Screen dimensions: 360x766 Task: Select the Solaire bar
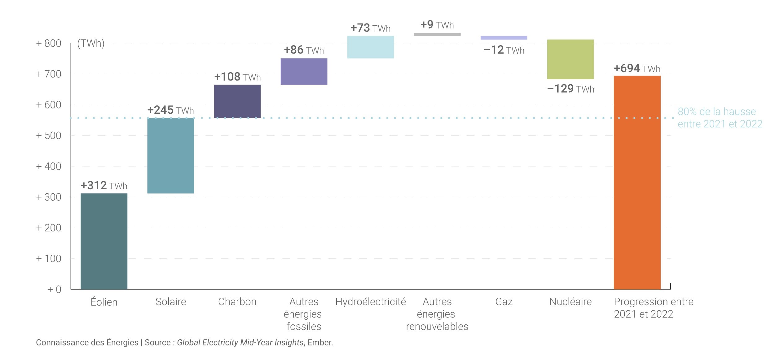click(170, 156)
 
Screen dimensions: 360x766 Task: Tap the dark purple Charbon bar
click(237, 101)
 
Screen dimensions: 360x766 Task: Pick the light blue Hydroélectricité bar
click(370, 47)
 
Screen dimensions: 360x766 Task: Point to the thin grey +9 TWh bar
click(437, 34)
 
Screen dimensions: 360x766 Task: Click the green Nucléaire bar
click(570, 59)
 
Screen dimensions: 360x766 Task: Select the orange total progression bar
click(637, 182)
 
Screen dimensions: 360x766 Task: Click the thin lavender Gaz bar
click(504, 38)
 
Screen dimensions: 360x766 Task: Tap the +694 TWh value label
click(637, 68)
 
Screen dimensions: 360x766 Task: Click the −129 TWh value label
click(570, 89)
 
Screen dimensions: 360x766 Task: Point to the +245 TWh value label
click(170, 110)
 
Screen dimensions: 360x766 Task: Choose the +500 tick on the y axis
click(49, 136)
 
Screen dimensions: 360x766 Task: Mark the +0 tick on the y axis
click(54, 289)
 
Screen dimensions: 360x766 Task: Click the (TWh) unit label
click(91, 43)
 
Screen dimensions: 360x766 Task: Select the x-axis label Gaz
click(504, 301)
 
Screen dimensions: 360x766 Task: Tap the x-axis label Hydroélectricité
click(370, 301)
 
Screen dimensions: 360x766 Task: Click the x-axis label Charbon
click(237, 301)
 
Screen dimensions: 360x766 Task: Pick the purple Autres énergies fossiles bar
click(304, 71)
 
